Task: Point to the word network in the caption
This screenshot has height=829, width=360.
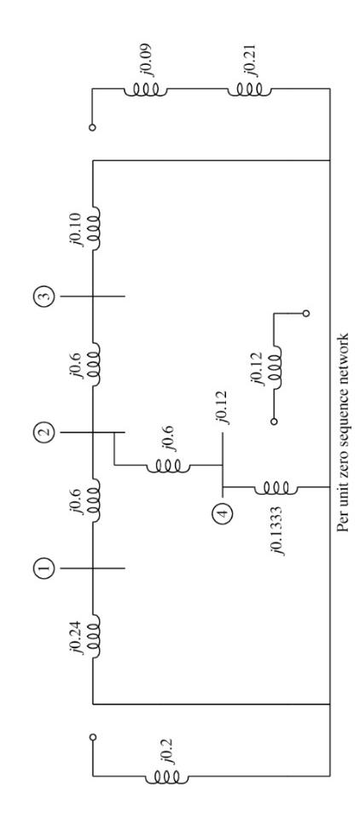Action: (x=345, y=328)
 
